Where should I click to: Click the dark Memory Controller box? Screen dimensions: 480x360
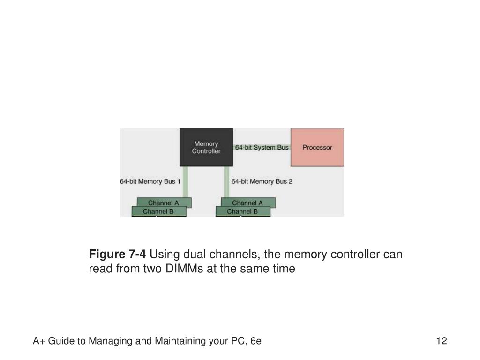coord(206,147)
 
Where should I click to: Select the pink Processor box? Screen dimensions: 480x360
coord(317,147)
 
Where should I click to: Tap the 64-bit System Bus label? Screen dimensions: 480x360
coord(262,147)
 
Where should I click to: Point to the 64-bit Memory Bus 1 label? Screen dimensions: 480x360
coord(150,181)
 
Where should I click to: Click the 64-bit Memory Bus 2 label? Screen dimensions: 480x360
coord(262,181)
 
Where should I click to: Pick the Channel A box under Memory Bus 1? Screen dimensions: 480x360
coord(164,202)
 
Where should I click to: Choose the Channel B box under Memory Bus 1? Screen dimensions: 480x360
coord(159,211)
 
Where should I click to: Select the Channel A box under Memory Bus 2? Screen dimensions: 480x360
coord(248,202)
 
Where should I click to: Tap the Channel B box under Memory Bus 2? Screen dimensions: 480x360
coord(243,211)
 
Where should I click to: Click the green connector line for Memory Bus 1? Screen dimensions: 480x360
coord(185,182)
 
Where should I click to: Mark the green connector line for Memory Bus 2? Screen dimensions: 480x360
coord(226,182)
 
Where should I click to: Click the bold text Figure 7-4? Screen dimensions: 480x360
coord(117,254)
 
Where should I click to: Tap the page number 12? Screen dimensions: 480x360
coord(442,341)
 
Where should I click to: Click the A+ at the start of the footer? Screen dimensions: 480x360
coord(39,341)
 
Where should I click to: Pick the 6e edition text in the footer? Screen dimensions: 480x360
coord(255,341)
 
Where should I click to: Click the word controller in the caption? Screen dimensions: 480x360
coord(353,255)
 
